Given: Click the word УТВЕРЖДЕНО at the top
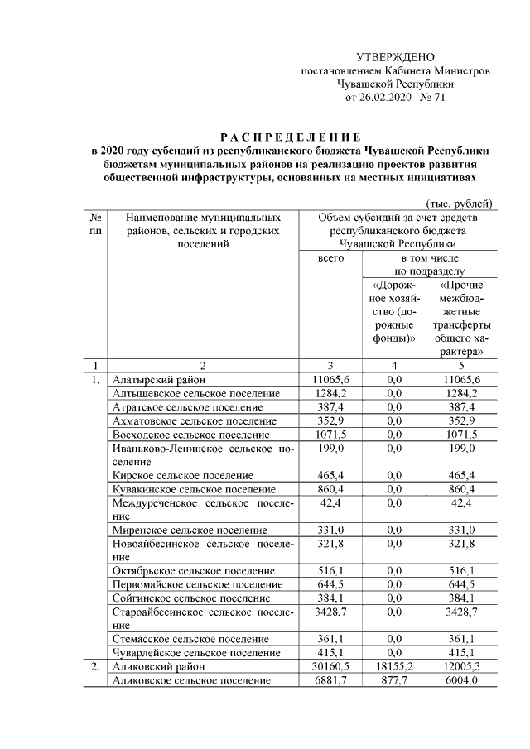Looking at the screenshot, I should pyautogui.click(x=395, y=56).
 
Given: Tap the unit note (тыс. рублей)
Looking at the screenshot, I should pyautogui.click(x=460, y=204).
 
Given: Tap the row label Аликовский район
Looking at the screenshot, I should pyautogui.click(x=154, y=666).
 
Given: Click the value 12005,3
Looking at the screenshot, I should pyautogui.click(x=461, y=666).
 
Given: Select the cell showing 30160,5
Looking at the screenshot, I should pyautogui.click(x=331, y=666).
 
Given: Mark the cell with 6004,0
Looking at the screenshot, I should pyautogui.click(x=461, y=680).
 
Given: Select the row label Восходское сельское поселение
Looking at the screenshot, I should pyautogui.click(x=191, y=435).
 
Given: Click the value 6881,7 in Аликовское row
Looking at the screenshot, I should pyautogui.click(x=331, y=680).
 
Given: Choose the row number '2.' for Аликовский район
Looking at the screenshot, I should pyautogui.click(x=96, y=666).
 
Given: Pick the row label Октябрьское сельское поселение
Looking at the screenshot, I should pyautogui.click(x=194, y=571).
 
